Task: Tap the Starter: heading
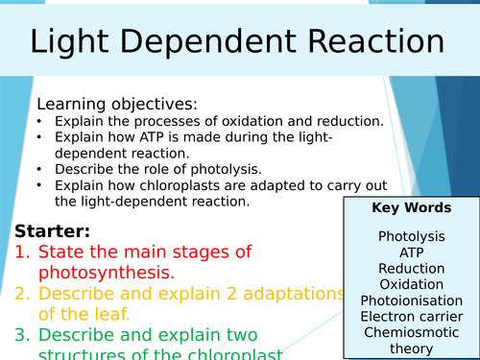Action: click(x=54, y=231)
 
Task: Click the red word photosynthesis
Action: click(x=106, y=273)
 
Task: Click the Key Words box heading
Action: click(x=411, y=208)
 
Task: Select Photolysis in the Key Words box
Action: click(x=411, y=236)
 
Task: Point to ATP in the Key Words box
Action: click(x=411, y=252)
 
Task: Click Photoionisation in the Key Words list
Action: click(x=411, y=300)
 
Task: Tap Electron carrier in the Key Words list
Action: click(x=411, y=317)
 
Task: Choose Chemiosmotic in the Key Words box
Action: click(x=411, y=333)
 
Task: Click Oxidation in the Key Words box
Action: click(x=411, y=284)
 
